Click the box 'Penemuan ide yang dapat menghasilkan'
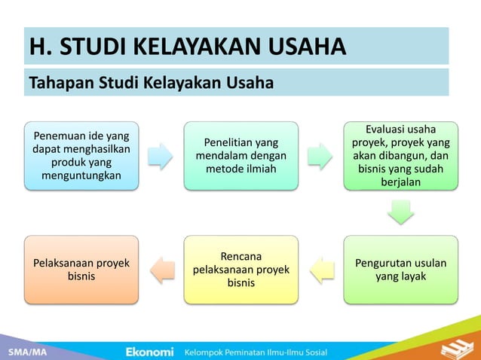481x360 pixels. pos(81,155)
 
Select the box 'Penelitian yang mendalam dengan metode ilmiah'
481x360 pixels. pos(241,155)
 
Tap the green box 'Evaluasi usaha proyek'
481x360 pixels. pos(400,155)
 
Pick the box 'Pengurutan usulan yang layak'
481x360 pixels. pos(400,270)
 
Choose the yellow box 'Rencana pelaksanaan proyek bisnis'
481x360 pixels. pos(241,270)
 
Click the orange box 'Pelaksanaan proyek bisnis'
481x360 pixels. pos(81,270)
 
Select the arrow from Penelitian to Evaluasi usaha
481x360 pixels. pos(321,156)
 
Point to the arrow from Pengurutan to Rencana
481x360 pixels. pos(321,270)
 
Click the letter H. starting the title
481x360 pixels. pos(37,47)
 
